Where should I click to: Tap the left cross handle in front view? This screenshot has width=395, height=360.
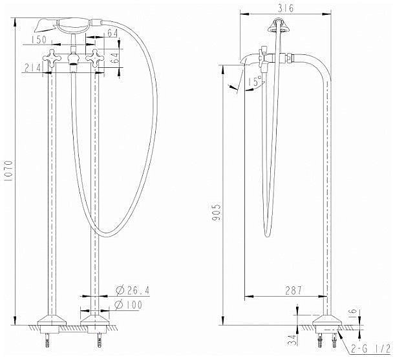point(51,61)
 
